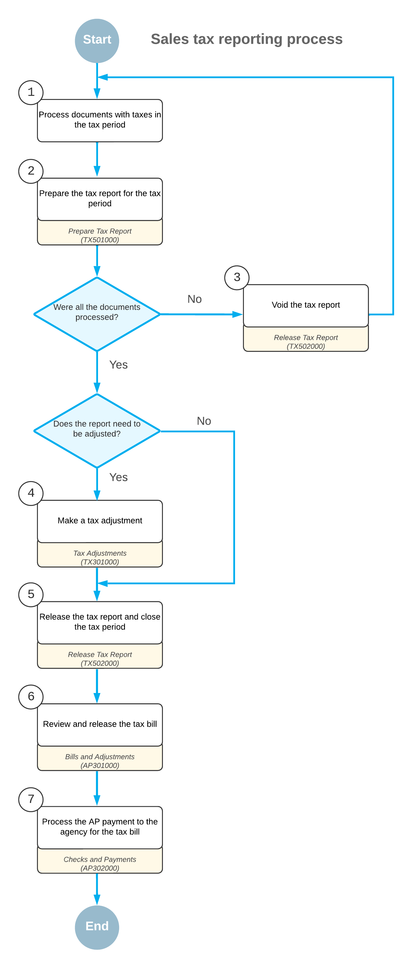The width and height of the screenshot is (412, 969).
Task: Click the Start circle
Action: click(x=97, y=41)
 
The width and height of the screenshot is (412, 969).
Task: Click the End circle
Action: click(x=97, y=927)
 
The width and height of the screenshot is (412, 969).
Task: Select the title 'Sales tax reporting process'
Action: click(x=246, y=39)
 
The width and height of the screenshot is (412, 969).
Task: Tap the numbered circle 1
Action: click(x=31, y=93)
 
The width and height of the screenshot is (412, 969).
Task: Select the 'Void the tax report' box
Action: click(x=306, y=305)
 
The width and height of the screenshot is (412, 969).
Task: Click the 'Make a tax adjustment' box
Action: click(x=100, y=521)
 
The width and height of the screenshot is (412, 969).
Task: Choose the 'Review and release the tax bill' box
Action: click(x=100, y=724)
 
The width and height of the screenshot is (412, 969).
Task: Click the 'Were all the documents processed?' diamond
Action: click(x=97, y=314)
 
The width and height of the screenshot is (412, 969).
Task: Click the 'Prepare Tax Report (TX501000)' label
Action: click(x=100, y=235)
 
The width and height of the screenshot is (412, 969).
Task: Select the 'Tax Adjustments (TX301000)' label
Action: click(x=100, y=558)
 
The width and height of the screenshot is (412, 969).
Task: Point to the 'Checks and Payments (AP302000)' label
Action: click(x=100, y=864)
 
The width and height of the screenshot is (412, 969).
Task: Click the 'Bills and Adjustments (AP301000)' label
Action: click(x=100, y=761)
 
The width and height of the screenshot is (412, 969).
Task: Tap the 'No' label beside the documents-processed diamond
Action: click(x=195, y=299)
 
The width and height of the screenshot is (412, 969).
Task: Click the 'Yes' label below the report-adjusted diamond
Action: click(x=118, y=477)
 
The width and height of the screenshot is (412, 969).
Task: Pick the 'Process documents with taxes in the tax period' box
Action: click(x=100, y=121)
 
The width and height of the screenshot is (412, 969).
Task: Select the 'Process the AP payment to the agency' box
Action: click(x=100, y=827)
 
